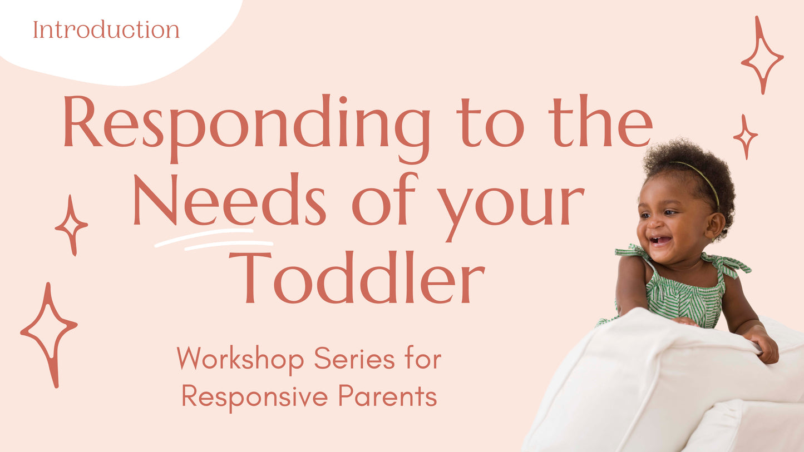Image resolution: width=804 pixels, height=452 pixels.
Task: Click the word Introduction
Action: (x=106, y=29)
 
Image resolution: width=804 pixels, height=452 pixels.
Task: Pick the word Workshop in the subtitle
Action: (x=240, y=359)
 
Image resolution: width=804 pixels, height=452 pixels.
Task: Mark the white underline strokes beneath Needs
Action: (x=214, y=239)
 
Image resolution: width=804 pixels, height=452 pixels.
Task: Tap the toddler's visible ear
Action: (x=714, y=225)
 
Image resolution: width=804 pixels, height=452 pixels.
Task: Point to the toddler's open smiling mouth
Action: (x=660, y=241)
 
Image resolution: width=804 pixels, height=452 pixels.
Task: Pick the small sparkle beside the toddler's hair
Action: (x=745, y=136)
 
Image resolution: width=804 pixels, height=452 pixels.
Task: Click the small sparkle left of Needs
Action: (x=71, y=225)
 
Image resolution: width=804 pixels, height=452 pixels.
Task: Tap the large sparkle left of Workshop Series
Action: (x=48, y=334)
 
